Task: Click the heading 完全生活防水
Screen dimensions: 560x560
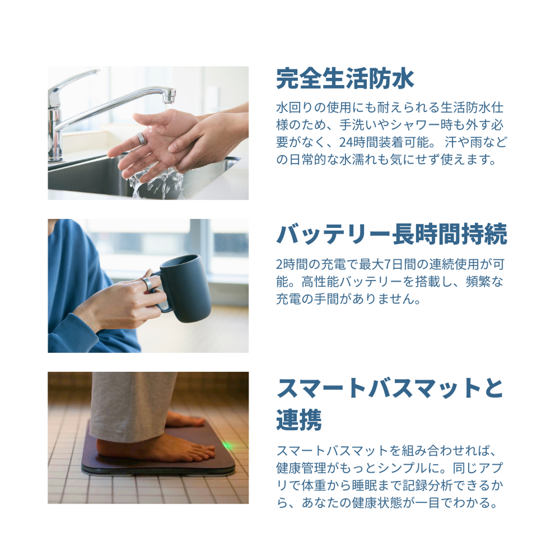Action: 345,79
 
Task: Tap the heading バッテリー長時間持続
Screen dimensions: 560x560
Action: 391,234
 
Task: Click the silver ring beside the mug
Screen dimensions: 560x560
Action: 148,283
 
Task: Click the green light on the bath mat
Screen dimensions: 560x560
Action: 227,446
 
